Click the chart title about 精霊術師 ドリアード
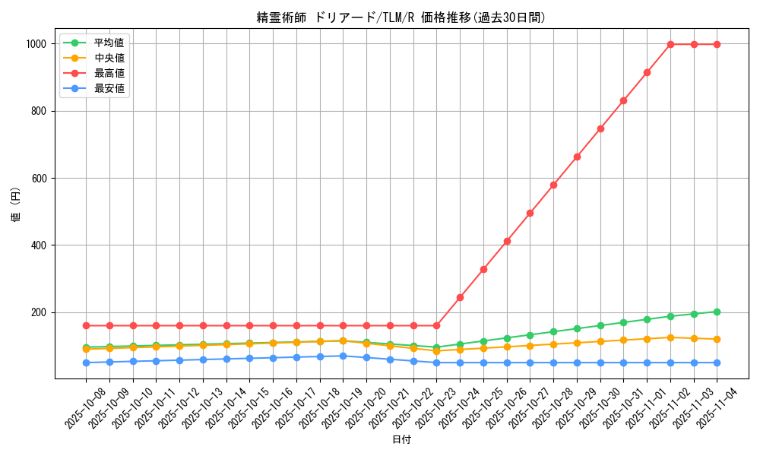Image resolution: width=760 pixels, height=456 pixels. [401, 17]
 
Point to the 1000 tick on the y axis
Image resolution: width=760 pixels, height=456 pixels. [36, 44]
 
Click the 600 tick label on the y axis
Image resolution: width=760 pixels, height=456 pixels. [40, 179]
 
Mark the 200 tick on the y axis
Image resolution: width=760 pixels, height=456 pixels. [40, 312]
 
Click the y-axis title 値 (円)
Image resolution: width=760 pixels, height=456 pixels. [16, 205]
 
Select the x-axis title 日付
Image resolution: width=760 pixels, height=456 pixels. [401, 440]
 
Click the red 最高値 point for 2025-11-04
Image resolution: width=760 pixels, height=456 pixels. [717, 44]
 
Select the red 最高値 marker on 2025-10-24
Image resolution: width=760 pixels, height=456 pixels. [460, 297]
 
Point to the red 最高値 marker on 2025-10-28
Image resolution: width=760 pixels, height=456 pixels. [553, 185]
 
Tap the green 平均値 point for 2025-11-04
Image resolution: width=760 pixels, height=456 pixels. [717, 312]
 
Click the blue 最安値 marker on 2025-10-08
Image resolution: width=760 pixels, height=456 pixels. [86, 363]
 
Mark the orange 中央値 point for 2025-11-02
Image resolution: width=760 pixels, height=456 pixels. [670, 337]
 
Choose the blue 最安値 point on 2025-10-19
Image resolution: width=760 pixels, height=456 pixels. [343, 356]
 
